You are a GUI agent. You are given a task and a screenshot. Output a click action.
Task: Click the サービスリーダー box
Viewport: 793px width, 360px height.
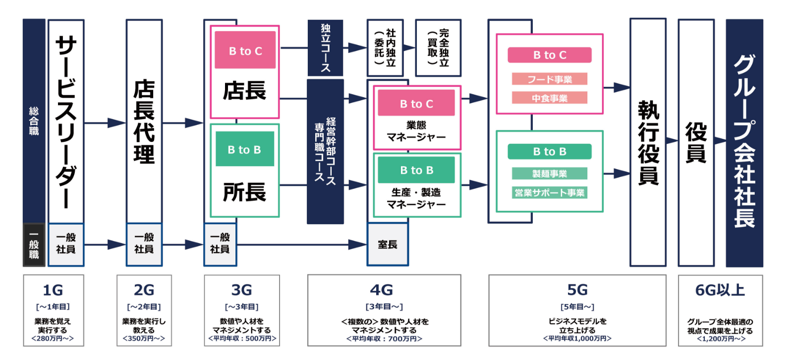tap(66, 121)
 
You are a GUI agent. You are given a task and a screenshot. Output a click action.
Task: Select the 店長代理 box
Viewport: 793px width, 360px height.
tap(144, 121)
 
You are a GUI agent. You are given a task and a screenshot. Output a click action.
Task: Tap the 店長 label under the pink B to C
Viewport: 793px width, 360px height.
tap(244, 91)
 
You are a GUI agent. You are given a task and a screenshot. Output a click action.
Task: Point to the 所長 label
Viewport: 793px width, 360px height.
tap(244, 192)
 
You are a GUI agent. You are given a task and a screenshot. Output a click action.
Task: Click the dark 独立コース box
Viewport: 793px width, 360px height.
tap(325, 48)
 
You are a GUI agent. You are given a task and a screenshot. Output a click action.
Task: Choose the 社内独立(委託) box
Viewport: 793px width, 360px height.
tap(385, 48)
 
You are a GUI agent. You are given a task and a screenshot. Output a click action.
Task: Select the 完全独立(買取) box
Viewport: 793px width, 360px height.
tap(438, 48)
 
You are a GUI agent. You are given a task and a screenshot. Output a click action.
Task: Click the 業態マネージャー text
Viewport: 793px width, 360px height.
tap(416, 131)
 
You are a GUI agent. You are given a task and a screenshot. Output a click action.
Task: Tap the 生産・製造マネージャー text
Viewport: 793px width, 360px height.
tap(416, 198)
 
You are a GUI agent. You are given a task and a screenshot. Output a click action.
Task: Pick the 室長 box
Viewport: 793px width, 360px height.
tap(388, 244)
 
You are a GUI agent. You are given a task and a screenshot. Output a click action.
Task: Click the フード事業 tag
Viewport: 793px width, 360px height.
tap(549, 79)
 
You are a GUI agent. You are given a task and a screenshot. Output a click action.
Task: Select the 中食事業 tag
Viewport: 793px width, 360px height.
tap(549, 98)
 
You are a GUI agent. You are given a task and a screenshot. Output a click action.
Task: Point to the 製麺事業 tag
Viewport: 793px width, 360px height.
tap(549, 174)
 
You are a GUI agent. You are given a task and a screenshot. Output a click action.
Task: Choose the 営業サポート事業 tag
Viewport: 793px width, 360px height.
tap(549, 192)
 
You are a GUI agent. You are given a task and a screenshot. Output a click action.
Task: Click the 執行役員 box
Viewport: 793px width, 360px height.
tap(648, 143)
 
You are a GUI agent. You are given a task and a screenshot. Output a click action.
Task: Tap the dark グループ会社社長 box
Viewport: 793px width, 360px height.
tap(744, 143)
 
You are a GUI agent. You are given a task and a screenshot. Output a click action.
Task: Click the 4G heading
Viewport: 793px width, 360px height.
tap(382, 290)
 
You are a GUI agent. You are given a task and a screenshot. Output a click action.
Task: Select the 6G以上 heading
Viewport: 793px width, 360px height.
tap(720, 290)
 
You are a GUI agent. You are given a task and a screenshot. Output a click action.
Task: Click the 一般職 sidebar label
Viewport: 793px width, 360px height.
tap(34, 244)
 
